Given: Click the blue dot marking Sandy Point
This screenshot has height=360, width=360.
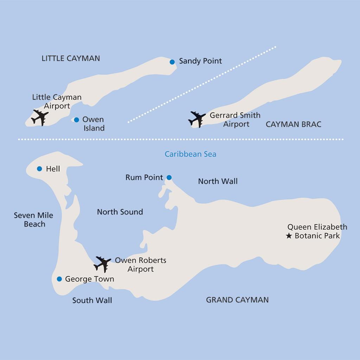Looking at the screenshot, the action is (172, 62).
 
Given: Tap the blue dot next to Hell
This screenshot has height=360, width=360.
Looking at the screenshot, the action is (39, 169).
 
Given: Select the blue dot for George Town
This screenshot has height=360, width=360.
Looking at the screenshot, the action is (59, 279).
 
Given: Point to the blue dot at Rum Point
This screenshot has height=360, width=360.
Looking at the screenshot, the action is (169, 177).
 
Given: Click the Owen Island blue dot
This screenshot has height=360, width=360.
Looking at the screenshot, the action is (76, 120).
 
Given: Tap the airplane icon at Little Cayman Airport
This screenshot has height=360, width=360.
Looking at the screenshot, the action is (40, 117).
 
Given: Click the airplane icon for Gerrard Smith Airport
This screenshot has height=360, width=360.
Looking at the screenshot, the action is (197, 119).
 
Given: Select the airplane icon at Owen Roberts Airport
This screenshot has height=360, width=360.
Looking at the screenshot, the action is (102, 264).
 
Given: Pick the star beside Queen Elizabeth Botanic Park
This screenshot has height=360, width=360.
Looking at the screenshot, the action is (289, 236).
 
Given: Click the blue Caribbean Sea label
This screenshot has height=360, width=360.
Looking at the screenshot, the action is (191, 154).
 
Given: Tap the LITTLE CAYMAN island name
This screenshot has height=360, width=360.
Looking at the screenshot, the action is (71, 58).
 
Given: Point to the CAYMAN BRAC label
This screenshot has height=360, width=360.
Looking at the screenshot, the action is (294, 124).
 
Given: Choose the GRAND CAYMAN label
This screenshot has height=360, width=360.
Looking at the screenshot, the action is (237, 300).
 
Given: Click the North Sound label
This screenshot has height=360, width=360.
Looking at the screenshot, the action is (120, 212).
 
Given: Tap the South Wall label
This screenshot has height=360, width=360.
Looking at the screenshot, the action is (92, 301).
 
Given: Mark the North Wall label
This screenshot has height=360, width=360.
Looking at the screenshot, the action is (218, 182).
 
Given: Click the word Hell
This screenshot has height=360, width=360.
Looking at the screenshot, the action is (53, 169).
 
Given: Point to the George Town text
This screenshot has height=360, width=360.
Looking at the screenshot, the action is (90, 279).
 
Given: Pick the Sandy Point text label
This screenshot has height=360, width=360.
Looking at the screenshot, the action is (200, 61).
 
